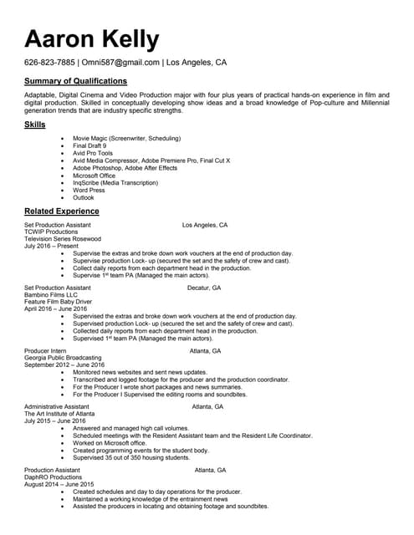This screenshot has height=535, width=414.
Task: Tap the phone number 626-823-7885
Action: click(49, 63)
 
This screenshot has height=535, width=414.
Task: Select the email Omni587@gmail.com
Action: click(120, 63)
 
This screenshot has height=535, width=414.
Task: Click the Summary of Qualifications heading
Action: click(75, 81)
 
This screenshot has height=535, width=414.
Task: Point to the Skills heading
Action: click(35, 125)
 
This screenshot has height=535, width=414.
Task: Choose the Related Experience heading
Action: click(62, 211)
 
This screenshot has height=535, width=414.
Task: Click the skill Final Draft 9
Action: click(89, 145)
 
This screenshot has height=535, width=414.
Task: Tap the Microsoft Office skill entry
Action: click(94, 176)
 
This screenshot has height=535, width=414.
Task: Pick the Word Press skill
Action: click(89, 191)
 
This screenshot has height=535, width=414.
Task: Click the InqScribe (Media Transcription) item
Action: click(115, 183)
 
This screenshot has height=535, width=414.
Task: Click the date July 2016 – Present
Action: click(51, 246)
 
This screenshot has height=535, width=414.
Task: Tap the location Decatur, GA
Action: click(204, 288)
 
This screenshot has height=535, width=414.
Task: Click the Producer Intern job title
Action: click(45, 351)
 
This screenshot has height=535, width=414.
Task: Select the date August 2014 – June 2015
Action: click(59, 485)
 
